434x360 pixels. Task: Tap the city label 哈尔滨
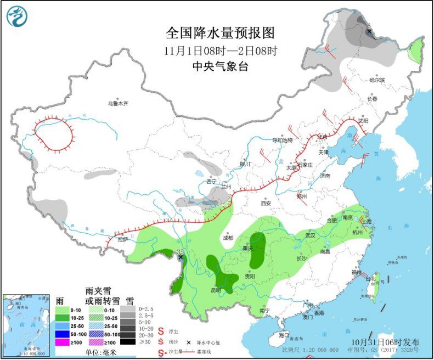click(x=377, y=80)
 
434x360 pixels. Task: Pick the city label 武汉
click(x=311, y=235)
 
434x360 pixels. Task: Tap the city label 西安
click(x=266, y=203)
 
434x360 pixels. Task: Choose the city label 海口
click(x=283, y=334)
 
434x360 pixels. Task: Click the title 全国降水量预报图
click(x=220, y=33)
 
